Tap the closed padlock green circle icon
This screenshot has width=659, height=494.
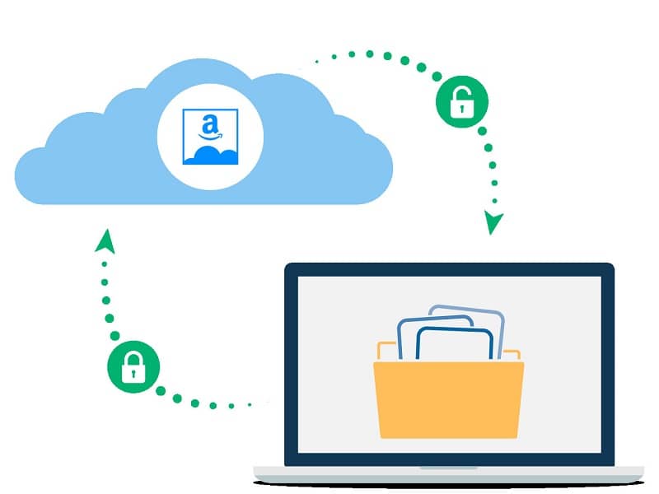[x=133, y=368]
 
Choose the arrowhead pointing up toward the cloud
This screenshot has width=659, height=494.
[x=105, y=240]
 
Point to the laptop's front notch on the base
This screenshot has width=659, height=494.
[x=449, y=468]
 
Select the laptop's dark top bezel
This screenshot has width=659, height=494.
[x=449, y=269]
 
